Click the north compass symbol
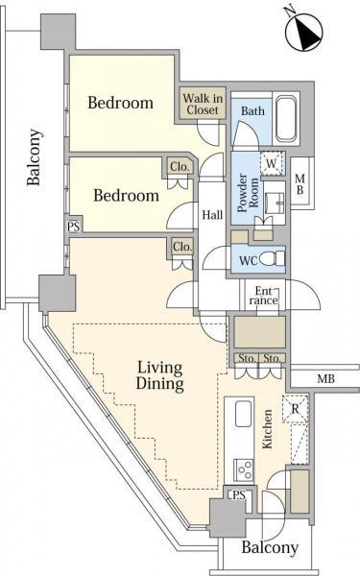coord(303,30)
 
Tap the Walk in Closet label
coord(203,104)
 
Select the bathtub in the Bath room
coord(286,119)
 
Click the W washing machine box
coord(273,163)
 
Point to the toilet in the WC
coord(273,258)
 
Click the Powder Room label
coord(249,193)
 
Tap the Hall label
coord(213,214)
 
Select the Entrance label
coord(263,296)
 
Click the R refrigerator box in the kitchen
coord(296,408)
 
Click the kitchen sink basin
coord(243,413)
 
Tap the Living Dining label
coord(160,375)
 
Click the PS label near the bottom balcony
coord(239,495)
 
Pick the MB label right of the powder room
coord(300,184)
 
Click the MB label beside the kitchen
coord(326,378)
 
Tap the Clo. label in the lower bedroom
coord(180,167)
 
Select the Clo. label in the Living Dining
coord(182,247)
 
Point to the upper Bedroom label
coord(121,103)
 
